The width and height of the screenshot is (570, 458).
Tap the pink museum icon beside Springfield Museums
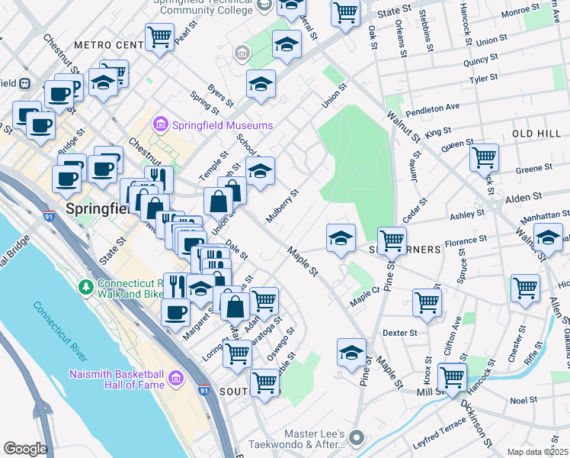click(161, 124)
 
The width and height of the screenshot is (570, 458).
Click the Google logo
click(25, 449)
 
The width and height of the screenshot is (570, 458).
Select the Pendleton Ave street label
click(432, 108)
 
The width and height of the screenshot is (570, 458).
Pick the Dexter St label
click(400, 333)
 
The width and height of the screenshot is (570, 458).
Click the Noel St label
click(524, 399)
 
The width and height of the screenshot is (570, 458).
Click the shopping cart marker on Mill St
click(452, 376)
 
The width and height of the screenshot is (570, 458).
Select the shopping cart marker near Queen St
click(484, 157)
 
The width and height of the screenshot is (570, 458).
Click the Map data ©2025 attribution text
click(538, 452)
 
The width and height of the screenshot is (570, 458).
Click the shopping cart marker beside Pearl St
click(159, 35)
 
